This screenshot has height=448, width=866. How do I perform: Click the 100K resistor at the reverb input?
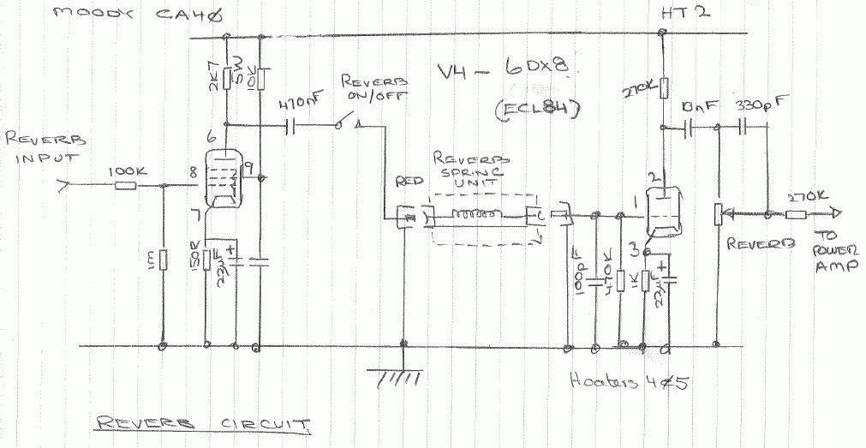click(126, 185)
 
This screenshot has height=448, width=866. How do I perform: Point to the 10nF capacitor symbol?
click(689, 128)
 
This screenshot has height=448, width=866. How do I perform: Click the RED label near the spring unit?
click(403, 182)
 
